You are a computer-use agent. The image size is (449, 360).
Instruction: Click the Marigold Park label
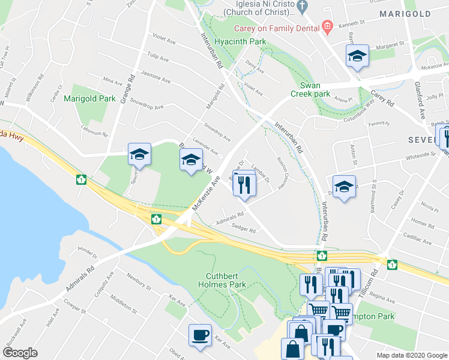tap(89, 98)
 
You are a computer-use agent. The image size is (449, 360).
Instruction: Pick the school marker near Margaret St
tap(357, 56)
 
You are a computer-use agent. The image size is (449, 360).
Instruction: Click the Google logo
tap(20, 353)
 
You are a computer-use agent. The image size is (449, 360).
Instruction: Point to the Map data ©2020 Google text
tap(411, 355)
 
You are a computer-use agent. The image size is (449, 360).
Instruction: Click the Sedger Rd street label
tap(244, 230)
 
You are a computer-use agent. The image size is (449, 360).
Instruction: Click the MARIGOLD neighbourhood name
tap(405, 14)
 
